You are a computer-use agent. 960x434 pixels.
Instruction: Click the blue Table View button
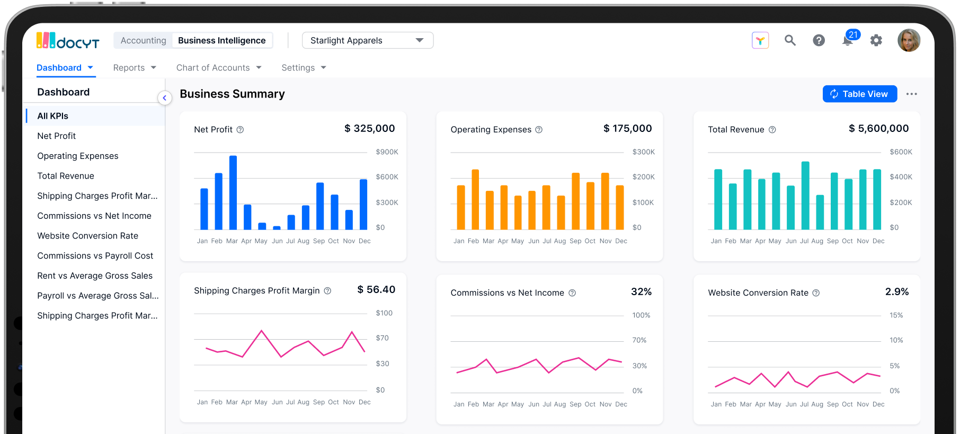(x=859, y=94)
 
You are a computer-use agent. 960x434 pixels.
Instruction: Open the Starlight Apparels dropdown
(x=367, y=40)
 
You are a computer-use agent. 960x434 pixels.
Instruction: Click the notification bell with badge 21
(x=848, y=40)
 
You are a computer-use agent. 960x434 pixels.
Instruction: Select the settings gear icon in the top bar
(x=876, y=40)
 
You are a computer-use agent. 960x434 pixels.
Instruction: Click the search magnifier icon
(x=790, y=40)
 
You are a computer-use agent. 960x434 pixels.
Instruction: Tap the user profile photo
(x=909, y=40)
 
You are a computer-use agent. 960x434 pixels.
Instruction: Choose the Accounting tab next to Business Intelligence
(x=143, y=40)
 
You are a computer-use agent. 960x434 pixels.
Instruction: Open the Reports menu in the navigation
(x=134, y=68)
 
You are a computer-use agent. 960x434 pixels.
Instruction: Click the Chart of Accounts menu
(x=218, y=68)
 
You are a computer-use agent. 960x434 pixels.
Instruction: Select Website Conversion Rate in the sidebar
(x=87, y=236)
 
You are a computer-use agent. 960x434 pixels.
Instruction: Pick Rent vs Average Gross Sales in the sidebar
(x=95, y=276)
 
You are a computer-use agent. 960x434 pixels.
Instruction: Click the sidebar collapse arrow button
(x=165, y=98)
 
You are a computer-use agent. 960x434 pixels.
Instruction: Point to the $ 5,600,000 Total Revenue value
(x=878, y=128)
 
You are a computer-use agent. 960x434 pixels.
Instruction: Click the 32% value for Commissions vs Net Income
(x=641, y=292)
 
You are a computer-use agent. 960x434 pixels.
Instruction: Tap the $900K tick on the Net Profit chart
(x=387, y=152)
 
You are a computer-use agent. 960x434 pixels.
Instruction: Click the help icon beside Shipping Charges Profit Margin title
(x=327, y=291)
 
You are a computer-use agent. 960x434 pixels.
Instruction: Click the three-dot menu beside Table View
(x=911, y=94)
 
